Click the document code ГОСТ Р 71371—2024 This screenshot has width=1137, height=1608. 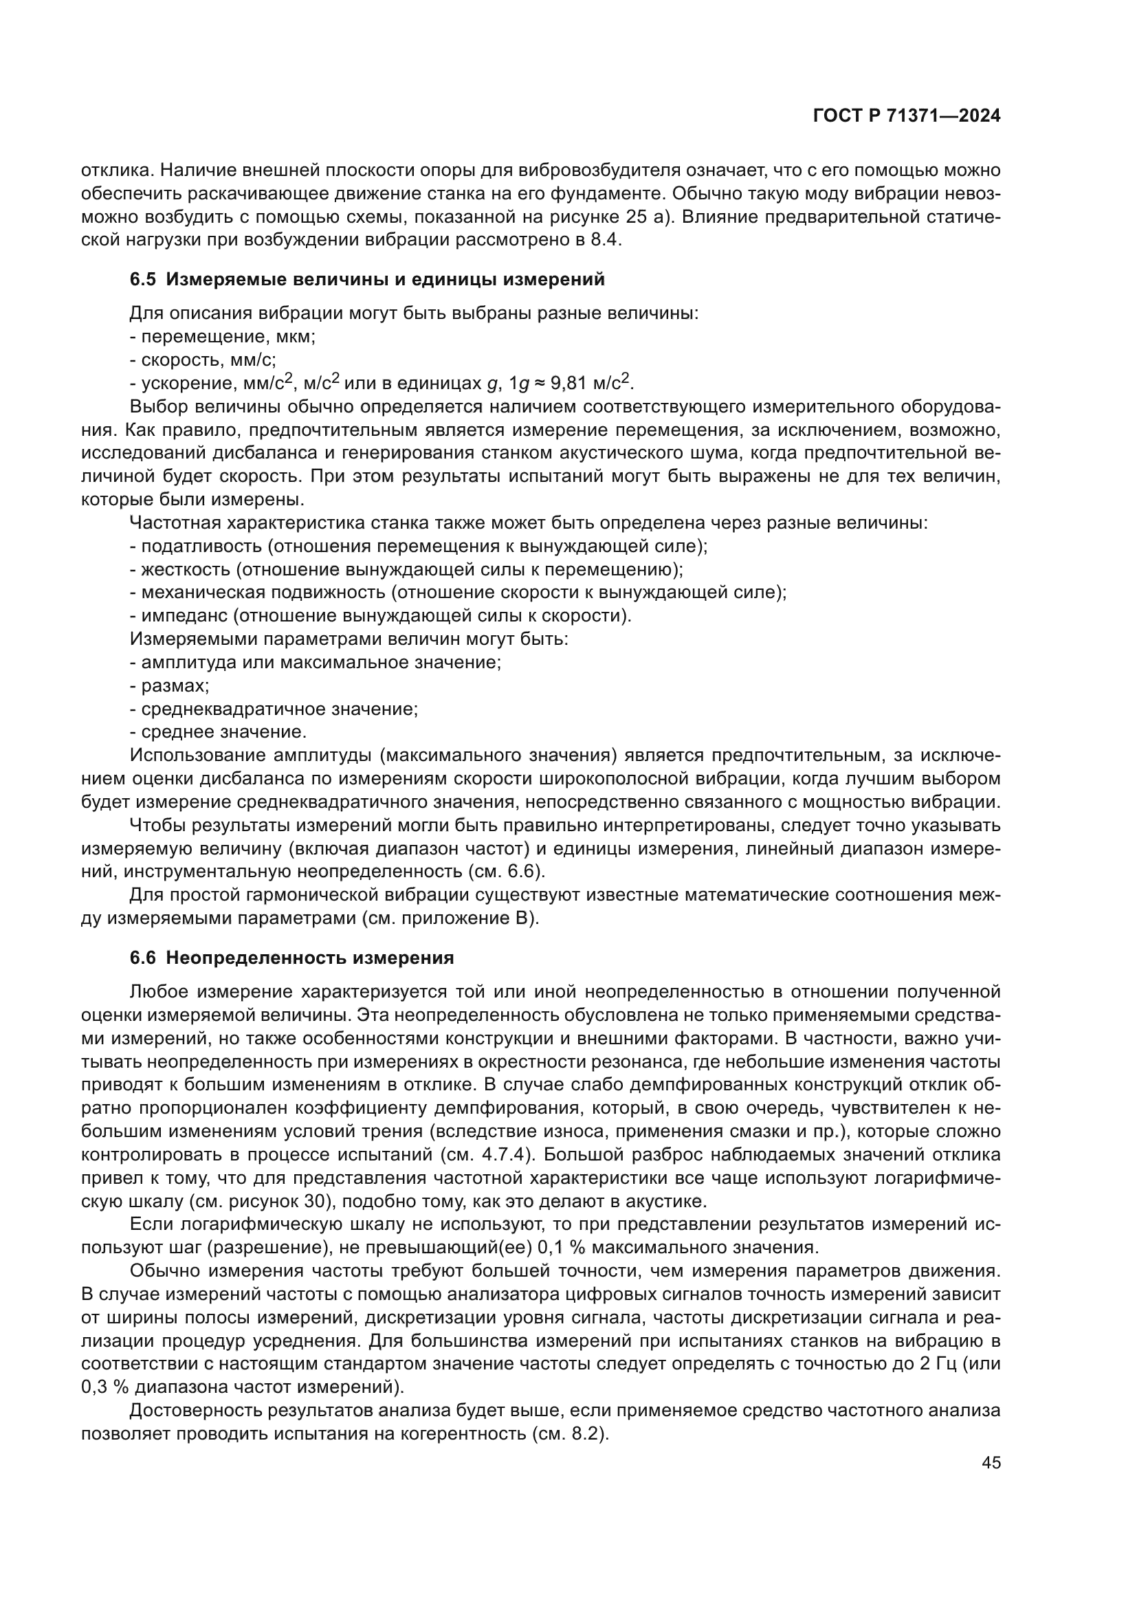coord(906,116)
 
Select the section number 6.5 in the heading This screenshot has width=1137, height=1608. coord(142,280)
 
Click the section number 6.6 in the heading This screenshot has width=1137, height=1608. coord(142,958)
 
